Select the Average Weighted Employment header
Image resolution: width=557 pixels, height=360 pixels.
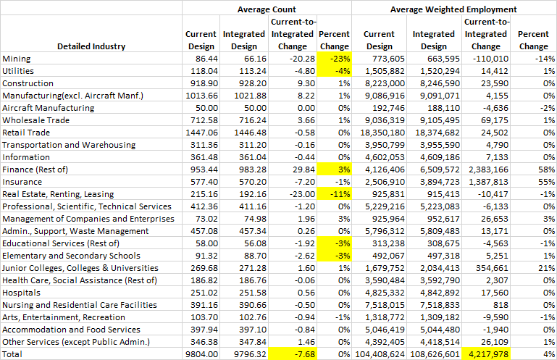[453, 9]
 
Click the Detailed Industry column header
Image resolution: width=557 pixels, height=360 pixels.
[91, 46]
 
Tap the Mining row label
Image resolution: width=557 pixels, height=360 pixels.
[17, 59]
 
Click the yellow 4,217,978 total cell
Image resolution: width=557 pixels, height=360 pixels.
[487, 353]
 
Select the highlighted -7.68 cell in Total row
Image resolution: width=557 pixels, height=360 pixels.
[298, 353]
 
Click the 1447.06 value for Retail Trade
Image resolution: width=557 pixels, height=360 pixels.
[202, 133]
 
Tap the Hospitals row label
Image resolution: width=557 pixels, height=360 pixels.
[22, 292]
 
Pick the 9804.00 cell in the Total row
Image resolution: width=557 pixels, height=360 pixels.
[202, 353]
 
